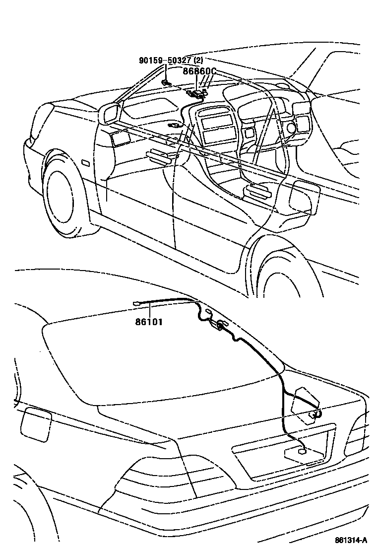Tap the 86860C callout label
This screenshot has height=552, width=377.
point(199,71)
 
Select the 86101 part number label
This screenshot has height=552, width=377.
point(149,322)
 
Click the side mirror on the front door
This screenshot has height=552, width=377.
point(110,114)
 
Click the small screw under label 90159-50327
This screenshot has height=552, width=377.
point(165,82)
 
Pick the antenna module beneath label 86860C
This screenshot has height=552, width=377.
point(198,93)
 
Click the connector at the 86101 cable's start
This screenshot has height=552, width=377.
point(137,303)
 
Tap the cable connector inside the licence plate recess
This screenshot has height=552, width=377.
point(301,451)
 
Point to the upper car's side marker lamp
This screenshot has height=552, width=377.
point(85,163)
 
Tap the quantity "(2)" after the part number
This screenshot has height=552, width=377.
point(198,61)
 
